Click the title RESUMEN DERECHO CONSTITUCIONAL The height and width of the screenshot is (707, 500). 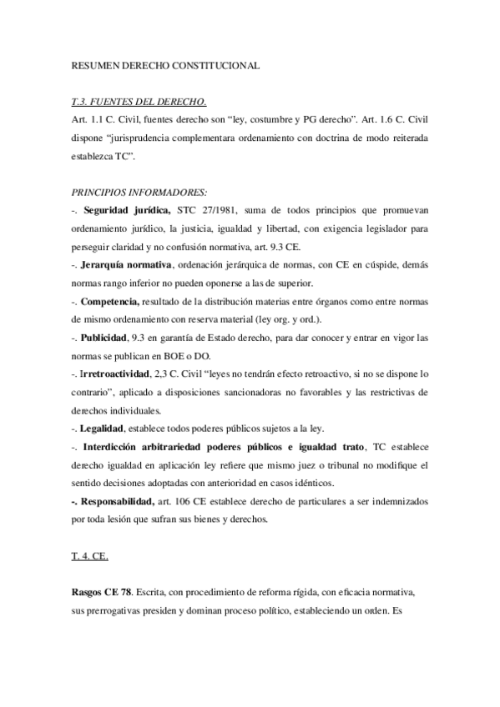click(166, 65)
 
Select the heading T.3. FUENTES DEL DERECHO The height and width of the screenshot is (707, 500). click(139, 103)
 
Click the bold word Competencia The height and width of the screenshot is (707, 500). click(111, 301)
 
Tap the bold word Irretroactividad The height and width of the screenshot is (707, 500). click(117, 374)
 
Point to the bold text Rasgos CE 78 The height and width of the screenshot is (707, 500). click(100, 594)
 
